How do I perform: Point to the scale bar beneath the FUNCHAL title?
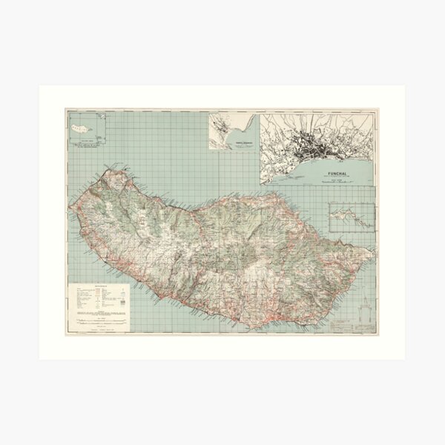point(338,182)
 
